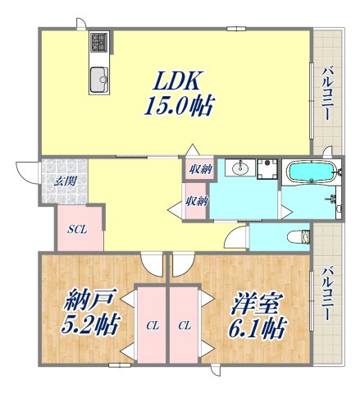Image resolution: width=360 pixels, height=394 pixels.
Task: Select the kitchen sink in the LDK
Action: click(100, 79)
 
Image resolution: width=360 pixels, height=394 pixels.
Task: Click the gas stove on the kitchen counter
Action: click(98, 42)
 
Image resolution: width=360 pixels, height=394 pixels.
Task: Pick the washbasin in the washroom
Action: click(239, 169)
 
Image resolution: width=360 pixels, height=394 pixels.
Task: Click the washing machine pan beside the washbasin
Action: click(266, 169)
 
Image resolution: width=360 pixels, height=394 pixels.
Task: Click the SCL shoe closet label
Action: click(77, 229)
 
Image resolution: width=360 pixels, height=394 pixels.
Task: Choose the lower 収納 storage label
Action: click(195, 201)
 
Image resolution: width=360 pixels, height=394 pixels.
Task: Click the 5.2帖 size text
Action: click(89, 326)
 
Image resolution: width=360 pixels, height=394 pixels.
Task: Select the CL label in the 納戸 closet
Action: click(152, 326)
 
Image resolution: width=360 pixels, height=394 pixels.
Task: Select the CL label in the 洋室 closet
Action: click(185, 326)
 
